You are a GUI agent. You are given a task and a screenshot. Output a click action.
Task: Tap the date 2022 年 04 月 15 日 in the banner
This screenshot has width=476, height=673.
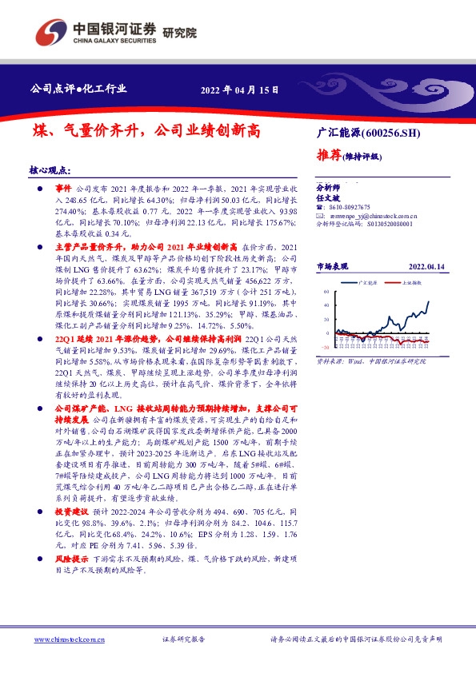[x=239, y=90]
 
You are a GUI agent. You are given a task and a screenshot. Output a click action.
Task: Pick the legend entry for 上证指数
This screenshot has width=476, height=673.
[x=411, y=283]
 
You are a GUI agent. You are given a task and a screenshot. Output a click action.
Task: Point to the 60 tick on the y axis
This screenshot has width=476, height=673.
[x=326, y=293]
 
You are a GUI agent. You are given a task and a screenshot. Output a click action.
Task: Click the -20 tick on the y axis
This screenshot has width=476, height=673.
[x=325, y=347]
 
